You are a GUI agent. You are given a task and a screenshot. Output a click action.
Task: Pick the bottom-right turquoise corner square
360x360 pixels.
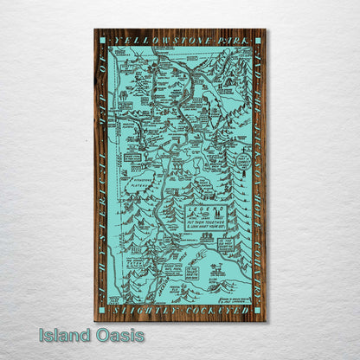coord(259,310)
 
